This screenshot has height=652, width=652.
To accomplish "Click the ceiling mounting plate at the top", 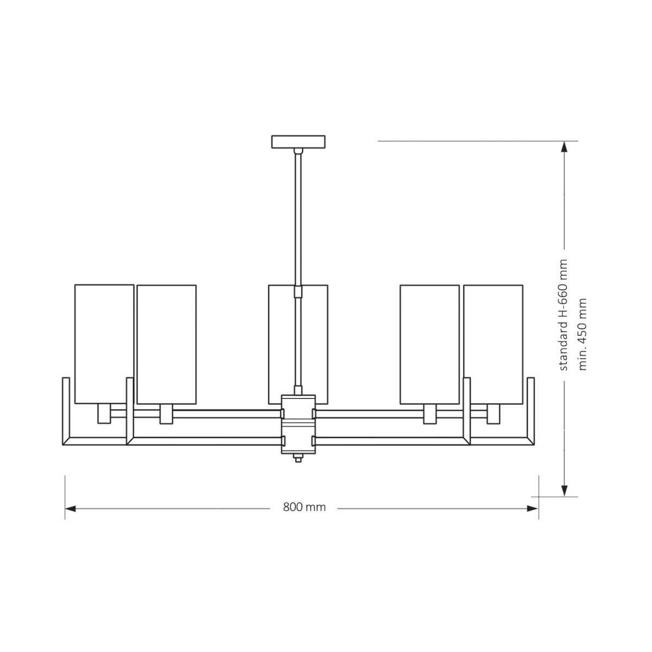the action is pos(298,142).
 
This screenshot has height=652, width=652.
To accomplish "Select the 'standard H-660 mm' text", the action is pos(563,315).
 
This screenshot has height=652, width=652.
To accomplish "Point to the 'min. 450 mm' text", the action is pos(582,334).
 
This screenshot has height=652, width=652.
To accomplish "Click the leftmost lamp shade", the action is pos(104,344).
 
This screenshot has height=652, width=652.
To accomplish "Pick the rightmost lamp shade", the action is pos(493,344).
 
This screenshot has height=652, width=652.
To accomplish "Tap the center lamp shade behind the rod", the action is pos(298,344).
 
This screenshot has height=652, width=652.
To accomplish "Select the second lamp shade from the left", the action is pos(166,344).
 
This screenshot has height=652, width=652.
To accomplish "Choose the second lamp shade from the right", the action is pos(429,344).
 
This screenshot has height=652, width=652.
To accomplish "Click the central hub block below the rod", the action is pos(298,424).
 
